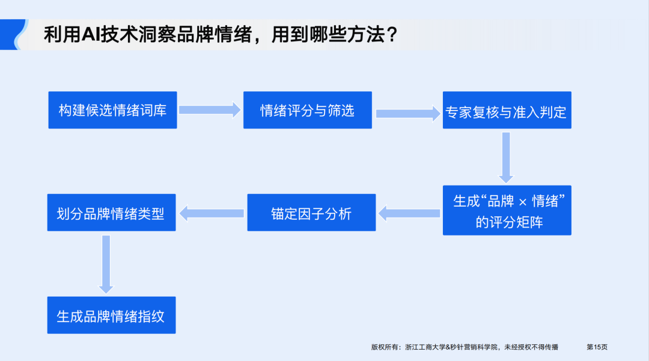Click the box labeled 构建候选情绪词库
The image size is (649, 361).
click(112, 110)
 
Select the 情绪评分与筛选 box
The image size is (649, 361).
click(307, 110)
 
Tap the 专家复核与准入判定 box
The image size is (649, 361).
click(507, 111)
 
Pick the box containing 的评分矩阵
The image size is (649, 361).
click(507, 210)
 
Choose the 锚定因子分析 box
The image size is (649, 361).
click(311, 213)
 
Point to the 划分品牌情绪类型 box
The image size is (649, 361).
click(111, 213)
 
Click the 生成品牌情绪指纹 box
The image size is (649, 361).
click(111, 315)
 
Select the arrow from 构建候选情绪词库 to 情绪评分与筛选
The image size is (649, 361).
click(209, 110)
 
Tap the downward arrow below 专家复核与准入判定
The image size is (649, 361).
click(506, 157)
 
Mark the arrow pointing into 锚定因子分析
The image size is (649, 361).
click(409, 212)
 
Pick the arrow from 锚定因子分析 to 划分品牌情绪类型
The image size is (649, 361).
click(211, 212)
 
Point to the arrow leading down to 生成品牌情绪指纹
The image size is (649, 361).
click(106, 264)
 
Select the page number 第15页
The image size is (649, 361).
click(597, 347)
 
